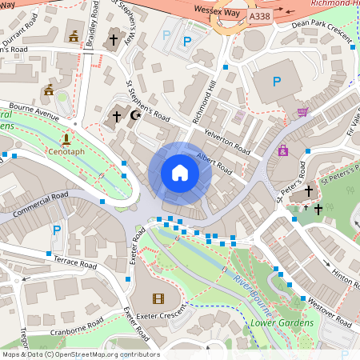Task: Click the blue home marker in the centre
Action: point(179,173)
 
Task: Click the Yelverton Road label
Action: point(228,140)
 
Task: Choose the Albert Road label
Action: point(214,165)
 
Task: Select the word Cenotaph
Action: point(66,150)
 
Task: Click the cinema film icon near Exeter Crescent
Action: point(157,299)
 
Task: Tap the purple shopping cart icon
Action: point(302,113)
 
